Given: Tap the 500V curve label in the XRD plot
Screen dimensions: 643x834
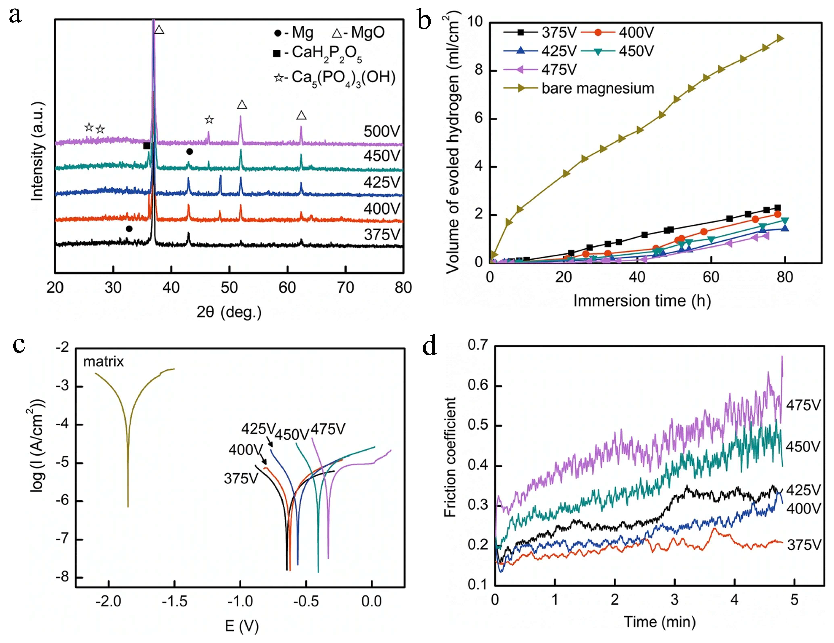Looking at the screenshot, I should [381, 131].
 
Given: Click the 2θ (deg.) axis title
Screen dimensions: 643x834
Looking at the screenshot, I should [229, 312].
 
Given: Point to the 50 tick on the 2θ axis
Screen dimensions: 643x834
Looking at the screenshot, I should [229, 288].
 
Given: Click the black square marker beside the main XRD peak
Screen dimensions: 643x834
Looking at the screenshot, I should [147, 146].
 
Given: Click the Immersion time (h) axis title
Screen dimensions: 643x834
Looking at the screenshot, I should [642, 301].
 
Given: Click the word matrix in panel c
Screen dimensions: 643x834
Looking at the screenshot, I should [103, 361].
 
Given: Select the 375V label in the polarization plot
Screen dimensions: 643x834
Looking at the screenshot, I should [241, 478].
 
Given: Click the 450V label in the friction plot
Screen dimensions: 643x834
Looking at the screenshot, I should [803, 447].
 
